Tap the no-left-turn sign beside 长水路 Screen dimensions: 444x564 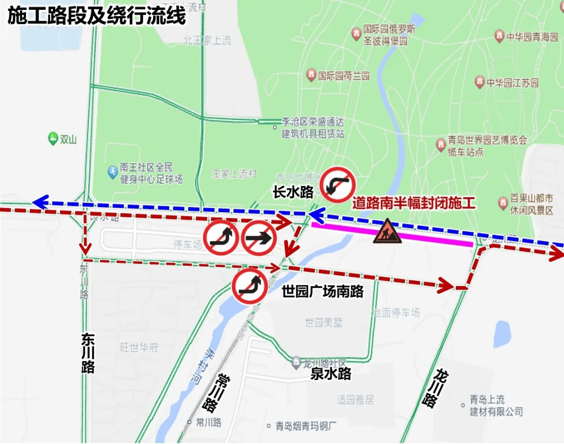coord(337,185)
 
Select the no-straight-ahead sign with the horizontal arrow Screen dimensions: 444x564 coord(259,238)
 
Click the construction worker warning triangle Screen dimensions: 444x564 coord(387,232)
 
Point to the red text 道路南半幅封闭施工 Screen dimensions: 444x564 coord(414,202)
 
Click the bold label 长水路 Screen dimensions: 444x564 coord(293,192)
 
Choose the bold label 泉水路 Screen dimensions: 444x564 coord(331,373)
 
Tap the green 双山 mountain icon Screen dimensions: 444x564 coord(53,139)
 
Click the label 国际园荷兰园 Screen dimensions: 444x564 coord(344,76)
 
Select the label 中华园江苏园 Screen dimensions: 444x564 coord(512,83)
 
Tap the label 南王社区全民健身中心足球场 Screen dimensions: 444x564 coord(151,174)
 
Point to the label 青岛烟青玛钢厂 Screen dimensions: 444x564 coord(307,426)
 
